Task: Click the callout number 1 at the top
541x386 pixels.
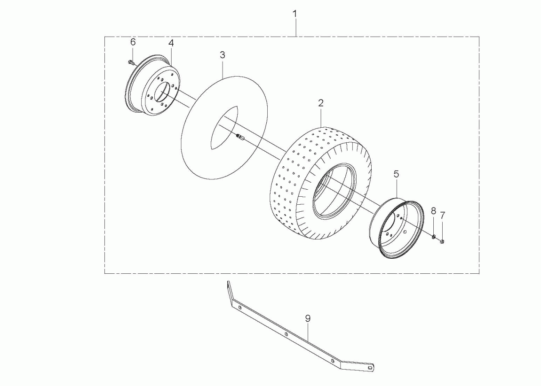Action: [294, 14]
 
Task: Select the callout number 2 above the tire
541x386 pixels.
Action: [321, 103]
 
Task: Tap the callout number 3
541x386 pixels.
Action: [223, 55]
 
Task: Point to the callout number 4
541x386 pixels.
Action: [171, 43]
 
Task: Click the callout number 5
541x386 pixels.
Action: [396, 174]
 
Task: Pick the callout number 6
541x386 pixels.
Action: [133, 42]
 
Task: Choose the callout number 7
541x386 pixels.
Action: [443, 215]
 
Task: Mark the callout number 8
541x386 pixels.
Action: [433, 211]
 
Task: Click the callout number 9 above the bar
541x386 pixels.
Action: [308, 318]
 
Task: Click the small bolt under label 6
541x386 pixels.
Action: [131, 62]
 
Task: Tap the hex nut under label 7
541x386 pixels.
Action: [442, 242]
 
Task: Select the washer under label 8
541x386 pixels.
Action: [433, 237]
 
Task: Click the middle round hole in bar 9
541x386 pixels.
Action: [286, 334]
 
